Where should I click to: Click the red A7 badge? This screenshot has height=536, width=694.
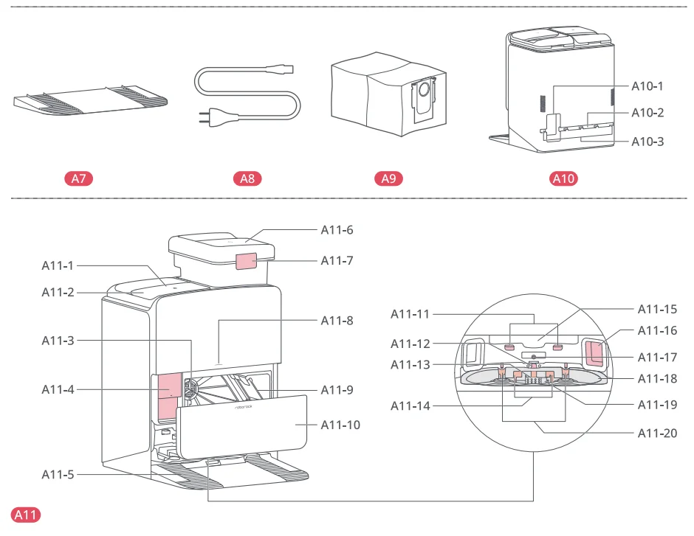[x=79, y=178]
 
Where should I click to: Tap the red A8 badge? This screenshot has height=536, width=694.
[x=247, y=178]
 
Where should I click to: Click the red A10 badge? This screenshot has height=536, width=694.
[x=564, y=178]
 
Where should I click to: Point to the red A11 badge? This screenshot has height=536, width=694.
[x=27, y=515]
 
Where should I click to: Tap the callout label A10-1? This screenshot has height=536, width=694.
[x=647, y=86]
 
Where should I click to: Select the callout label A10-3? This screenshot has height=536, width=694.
[x=647, y=141]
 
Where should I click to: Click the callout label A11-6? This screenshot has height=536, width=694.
[x=337, y=229]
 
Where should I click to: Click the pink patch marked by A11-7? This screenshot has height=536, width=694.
[x=247, y=262]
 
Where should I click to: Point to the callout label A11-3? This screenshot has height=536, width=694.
[x=58, y=340]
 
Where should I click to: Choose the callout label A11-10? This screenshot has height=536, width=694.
[x=340, y=425]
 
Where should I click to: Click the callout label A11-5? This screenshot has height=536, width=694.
[x=58, y=474]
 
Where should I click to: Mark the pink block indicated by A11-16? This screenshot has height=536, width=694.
[x=594, y=352]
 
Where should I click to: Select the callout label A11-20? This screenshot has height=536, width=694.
[x=657, y=433]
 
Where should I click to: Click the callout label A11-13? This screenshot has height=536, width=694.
[x=410, y=364]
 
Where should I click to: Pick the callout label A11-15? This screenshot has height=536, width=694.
[x=657, y=309]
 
